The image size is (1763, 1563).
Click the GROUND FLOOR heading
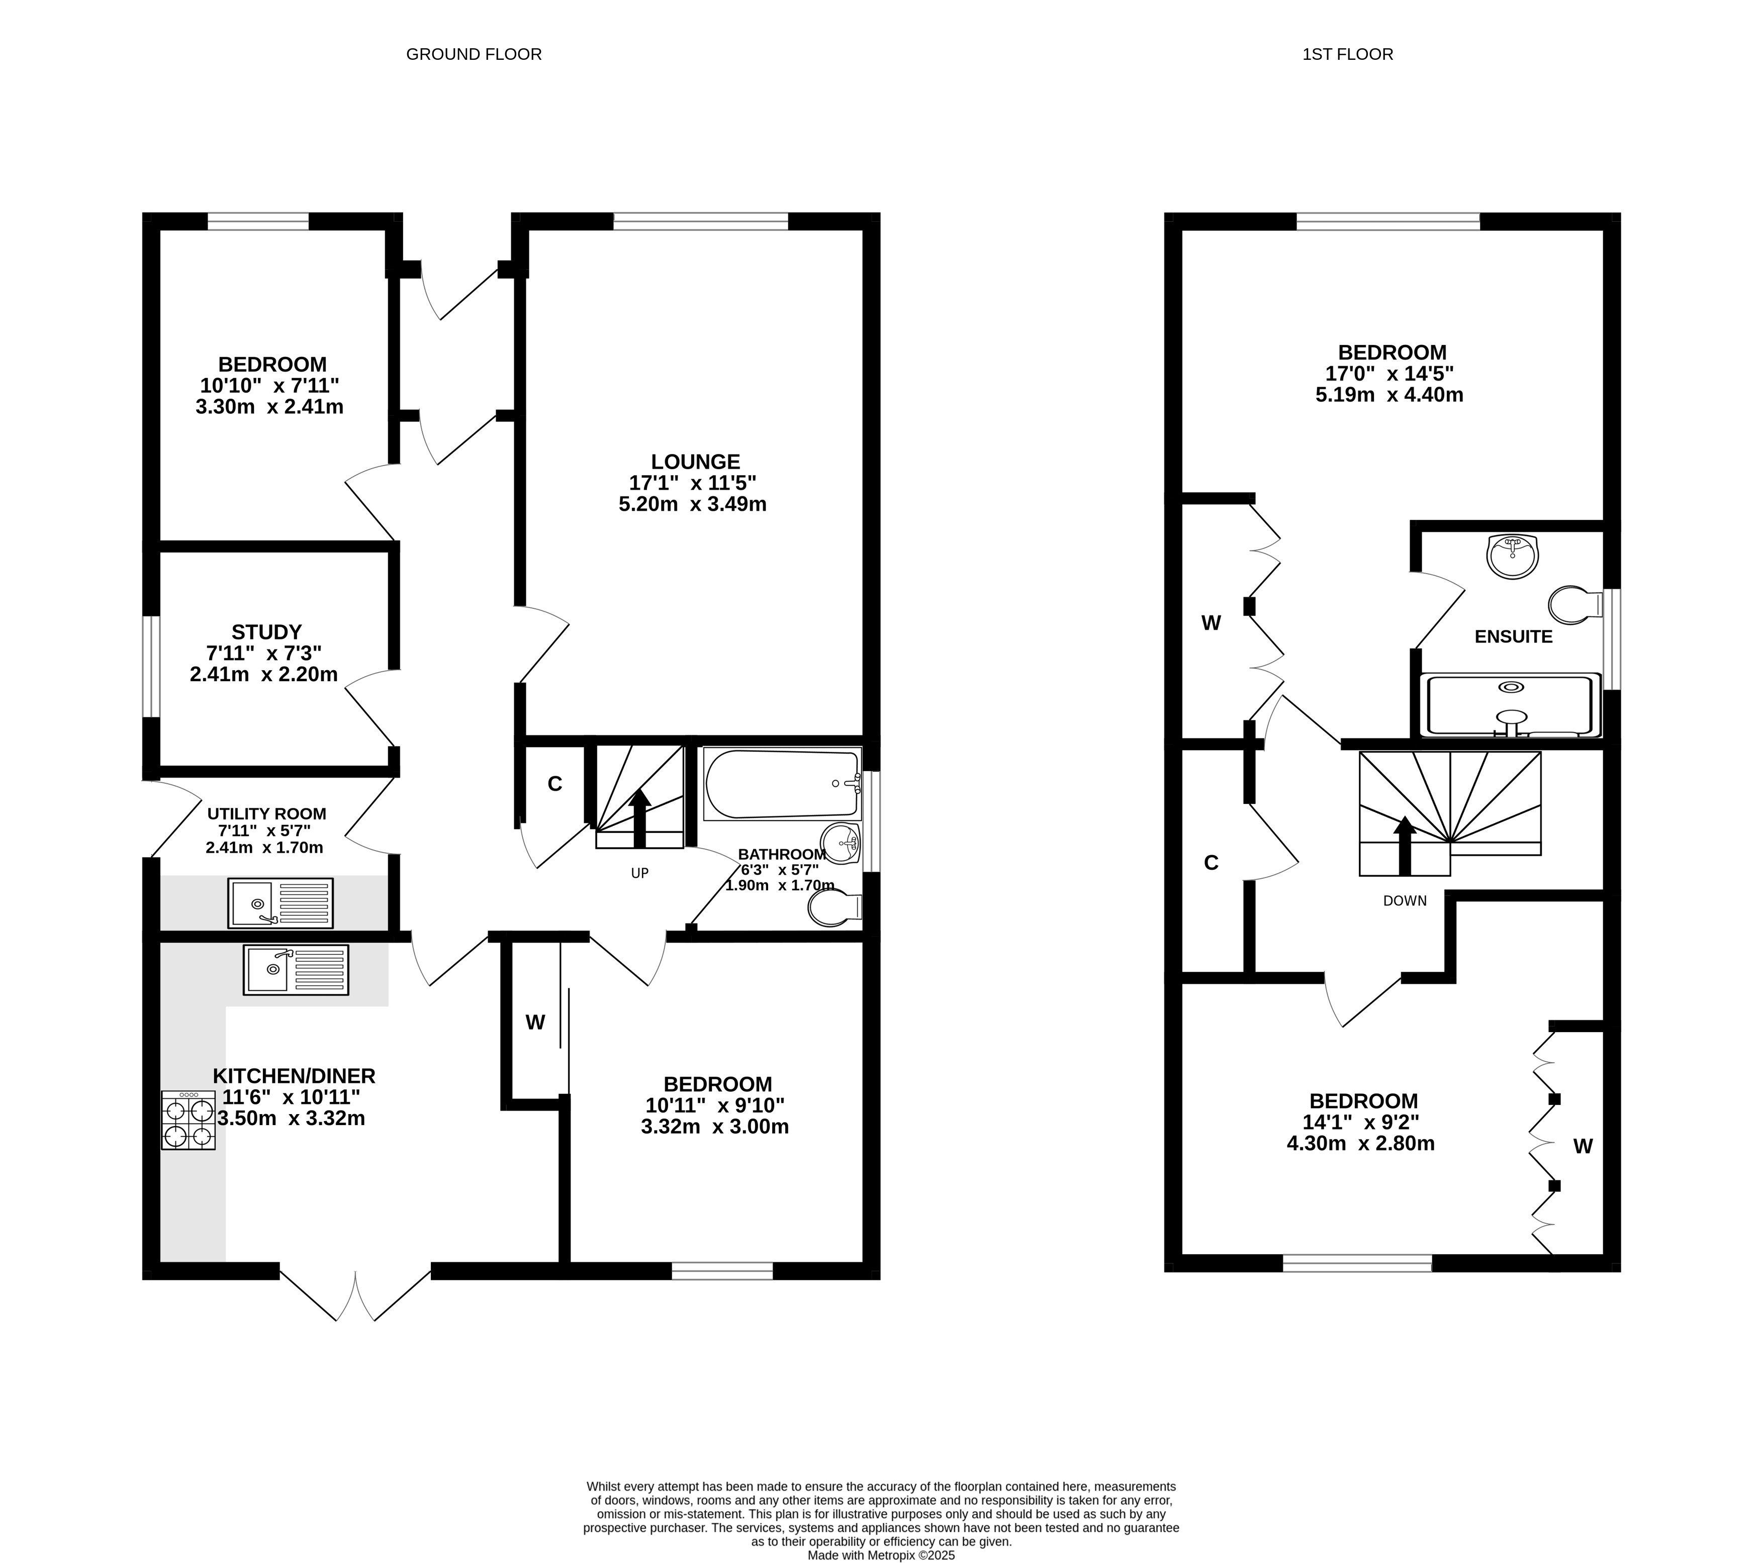(474, 54)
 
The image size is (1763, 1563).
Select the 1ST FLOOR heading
(1347, 54)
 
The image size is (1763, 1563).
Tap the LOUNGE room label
(695, 462)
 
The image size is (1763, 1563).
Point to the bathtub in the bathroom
(782, 783)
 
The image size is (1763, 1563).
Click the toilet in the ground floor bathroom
(835, 906)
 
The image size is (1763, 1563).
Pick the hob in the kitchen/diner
(188, 1121)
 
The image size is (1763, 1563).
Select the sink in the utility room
(281, 903)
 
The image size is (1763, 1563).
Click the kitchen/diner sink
(296, 970)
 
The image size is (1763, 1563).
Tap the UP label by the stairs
(639, 873)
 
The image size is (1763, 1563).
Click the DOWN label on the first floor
(1405, 900)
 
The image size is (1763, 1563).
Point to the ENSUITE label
(1514, 636)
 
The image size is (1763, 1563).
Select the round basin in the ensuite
(1513, 557)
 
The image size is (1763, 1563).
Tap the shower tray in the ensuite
(1510, 706)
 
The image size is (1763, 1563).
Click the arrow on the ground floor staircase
(639, 818)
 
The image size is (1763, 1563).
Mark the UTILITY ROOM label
(266, 813)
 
